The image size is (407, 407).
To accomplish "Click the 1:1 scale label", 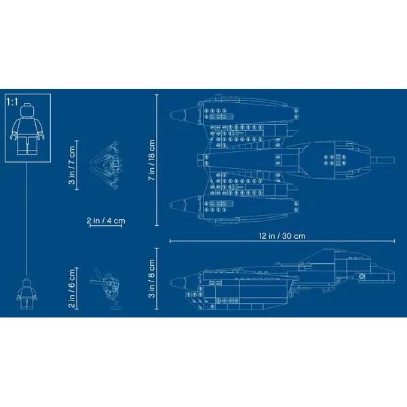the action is point(12,102).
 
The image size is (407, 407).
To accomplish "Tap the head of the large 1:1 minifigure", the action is point(27,110).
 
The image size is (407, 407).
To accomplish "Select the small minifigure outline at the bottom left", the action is point(26,294).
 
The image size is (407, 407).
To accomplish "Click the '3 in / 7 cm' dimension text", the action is point(72,165).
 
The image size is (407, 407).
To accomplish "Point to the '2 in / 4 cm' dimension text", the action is point(106,220).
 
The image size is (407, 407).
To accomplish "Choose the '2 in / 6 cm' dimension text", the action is point(72,288).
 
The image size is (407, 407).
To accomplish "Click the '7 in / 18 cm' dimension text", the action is point(151,160).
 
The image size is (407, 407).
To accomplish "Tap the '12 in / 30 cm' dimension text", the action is point(282,235).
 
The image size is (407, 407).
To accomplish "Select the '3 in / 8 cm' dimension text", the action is point(151,279).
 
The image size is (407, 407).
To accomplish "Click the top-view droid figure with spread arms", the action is point(106,165).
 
